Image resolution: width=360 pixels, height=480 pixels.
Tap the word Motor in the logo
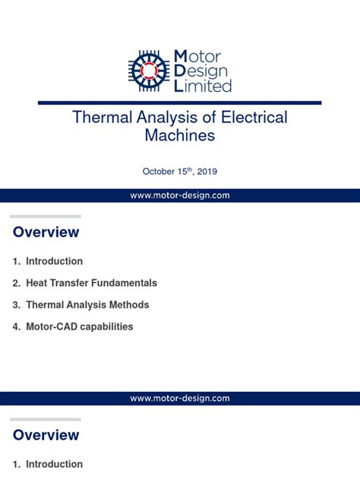pos(198,55)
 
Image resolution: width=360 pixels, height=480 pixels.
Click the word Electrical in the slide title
pos(251,118)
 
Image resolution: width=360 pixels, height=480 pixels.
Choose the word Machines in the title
pos(180,136)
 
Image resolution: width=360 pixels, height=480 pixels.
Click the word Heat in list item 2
pos(37,283)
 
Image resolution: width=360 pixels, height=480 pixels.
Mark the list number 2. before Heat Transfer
pos(16,283)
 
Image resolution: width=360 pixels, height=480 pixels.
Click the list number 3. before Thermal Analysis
pos(16,305)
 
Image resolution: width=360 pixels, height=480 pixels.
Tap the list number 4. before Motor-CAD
pos(16,327)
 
